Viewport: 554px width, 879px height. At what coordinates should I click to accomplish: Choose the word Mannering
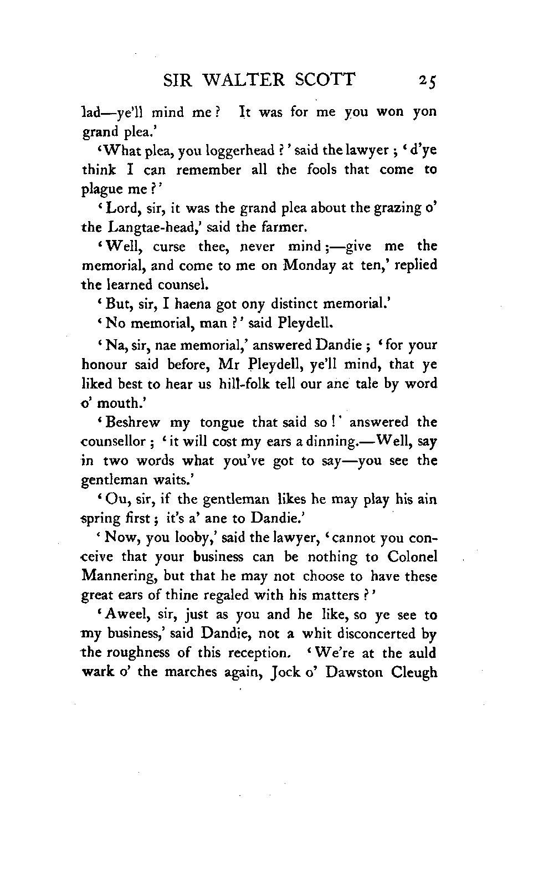(x=116, y=576)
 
